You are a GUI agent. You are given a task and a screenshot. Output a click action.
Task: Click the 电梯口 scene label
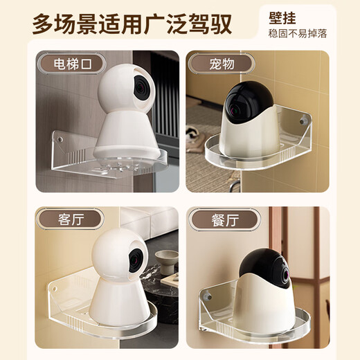73,64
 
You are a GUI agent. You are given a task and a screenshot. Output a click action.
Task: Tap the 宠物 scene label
222,64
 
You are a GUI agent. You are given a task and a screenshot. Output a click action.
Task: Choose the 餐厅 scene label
225,220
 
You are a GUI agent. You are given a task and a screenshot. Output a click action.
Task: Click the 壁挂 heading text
282,18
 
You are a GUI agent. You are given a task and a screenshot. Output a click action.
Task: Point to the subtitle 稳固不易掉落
298,34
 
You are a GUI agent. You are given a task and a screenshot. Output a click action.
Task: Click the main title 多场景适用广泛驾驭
132,24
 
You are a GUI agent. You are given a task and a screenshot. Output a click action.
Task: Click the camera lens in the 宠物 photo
233,110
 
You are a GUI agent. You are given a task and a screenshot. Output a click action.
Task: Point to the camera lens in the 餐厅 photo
287,274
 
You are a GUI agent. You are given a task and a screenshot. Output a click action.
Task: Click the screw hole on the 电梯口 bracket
60,139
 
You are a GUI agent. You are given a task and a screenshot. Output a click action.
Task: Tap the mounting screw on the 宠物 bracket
303,122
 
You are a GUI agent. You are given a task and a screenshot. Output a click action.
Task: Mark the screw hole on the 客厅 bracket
55,289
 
